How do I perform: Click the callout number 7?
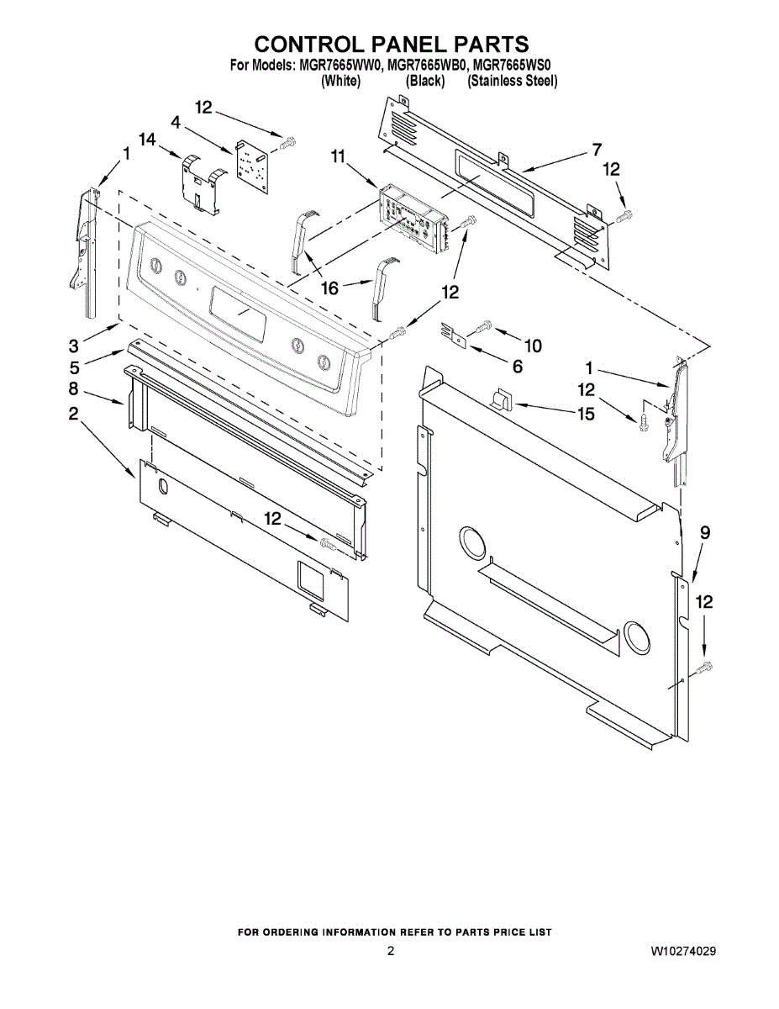(597, 151)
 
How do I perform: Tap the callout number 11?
(338, 156)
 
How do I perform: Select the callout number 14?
(148, 140)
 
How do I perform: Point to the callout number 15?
(585, 414)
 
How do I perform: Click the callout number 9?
(705, 532)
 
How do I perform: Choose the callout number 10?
(533, 346)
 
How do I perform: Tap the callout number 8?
(74, 388)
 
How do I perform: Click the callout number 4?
(176, 123)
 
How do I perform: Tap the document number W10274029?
(682, 952)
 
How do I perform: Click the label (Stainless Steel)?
(513, 81)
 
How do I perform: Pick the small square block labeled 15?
(502, 398)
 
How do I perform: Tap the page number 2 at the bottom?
(390, 952)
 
